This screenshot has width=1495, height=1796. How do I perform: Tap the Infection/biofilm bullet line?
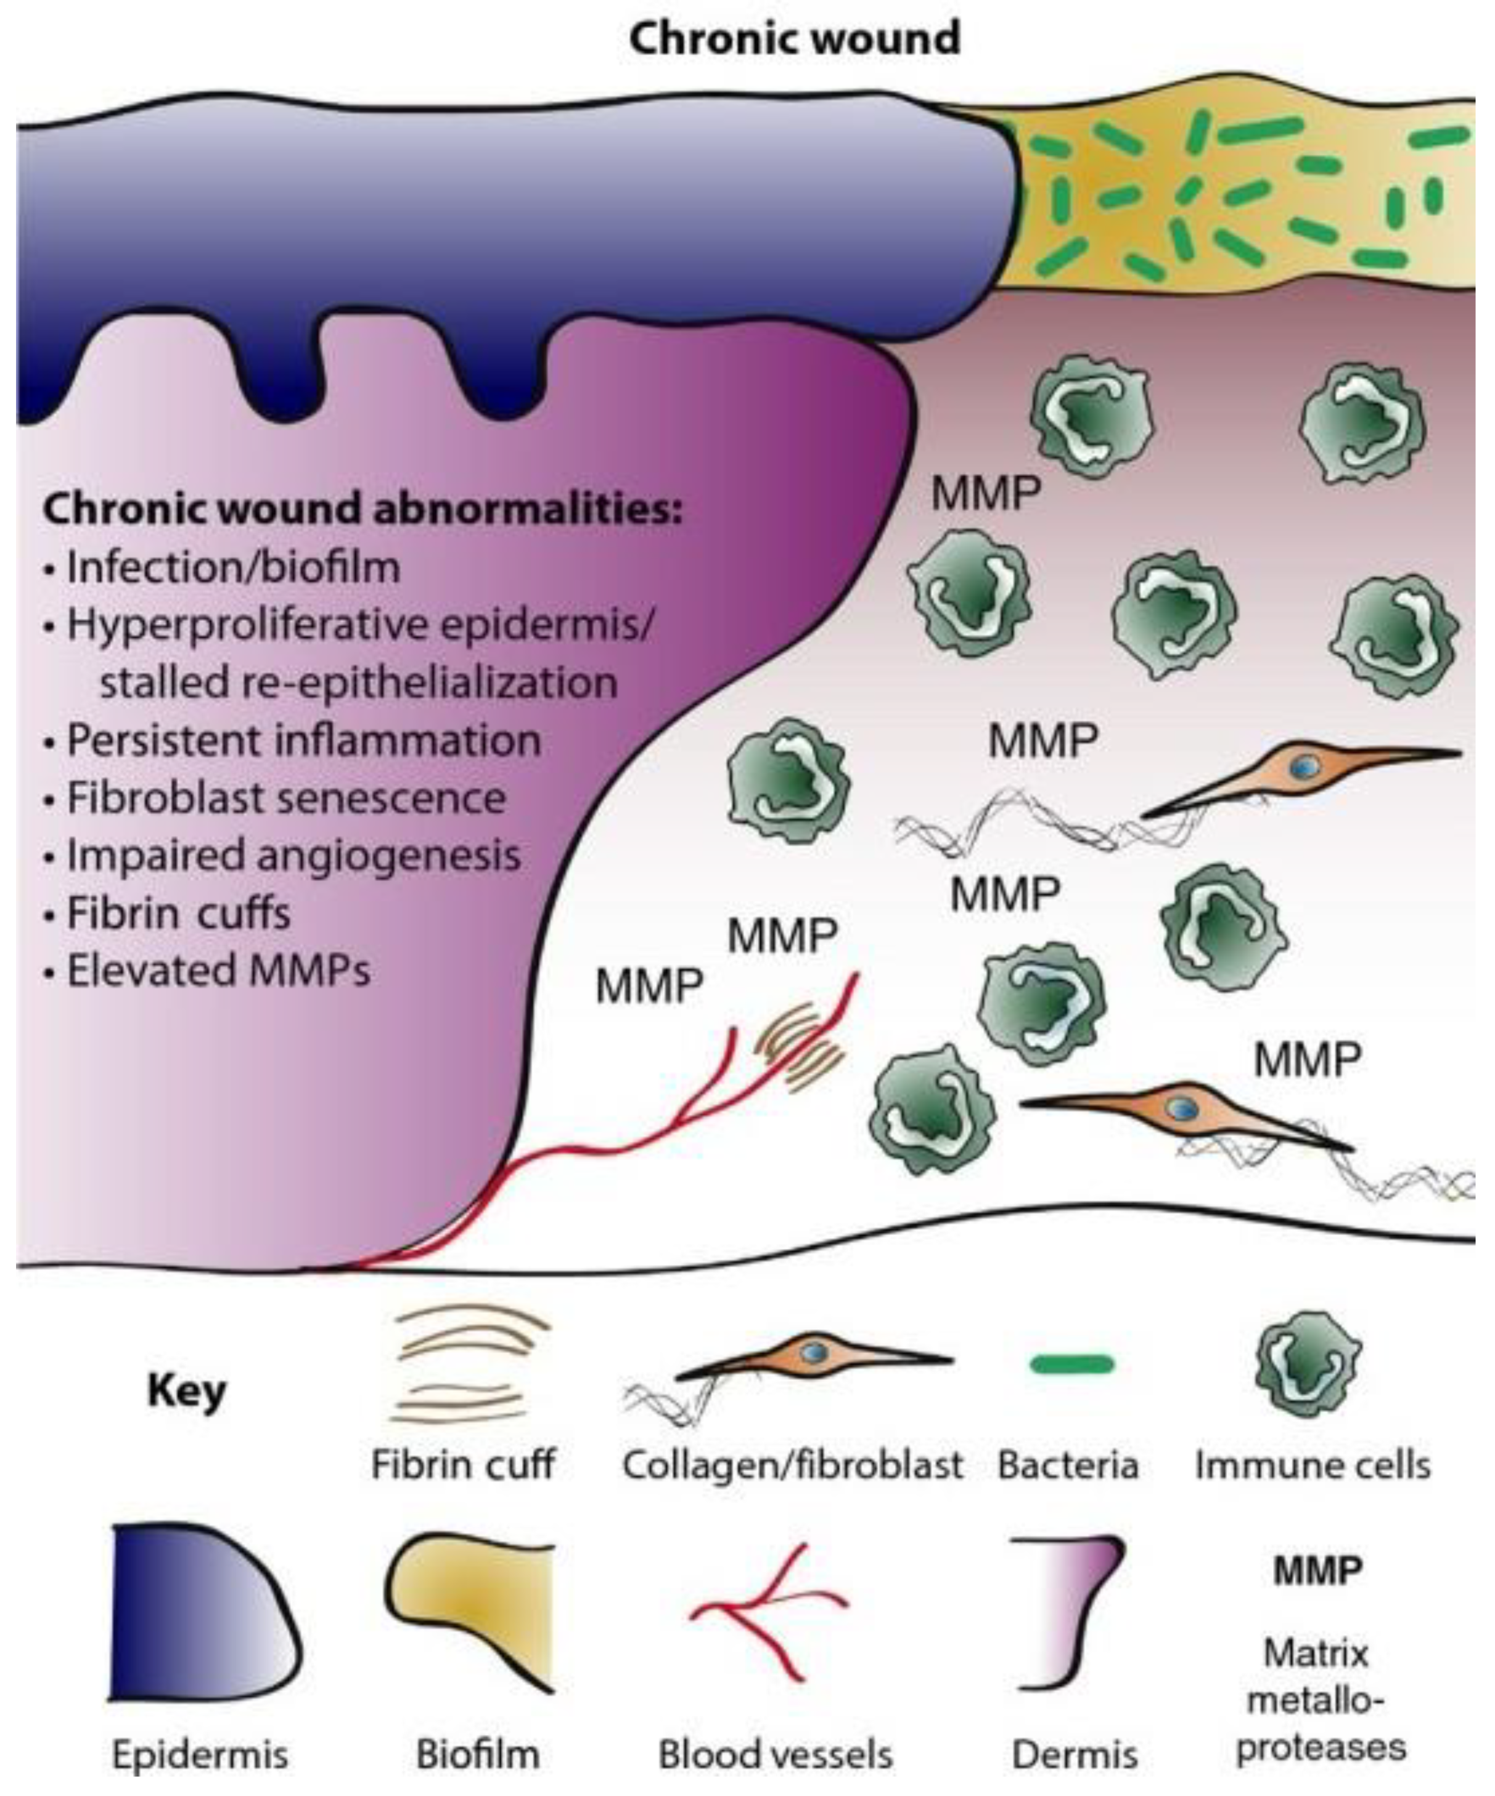(x=232, y=567)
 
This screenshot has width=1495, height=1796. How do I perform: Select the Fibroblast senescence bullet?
(x=285, y=798)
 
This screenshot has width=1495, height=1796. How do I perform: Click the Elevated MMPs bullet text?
(x=218, y=970)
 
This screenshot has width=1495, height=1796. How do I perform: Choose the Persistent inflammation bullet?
(x=303, y=740)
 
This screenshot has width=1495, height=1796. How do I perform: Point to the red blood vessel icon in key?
(x=770, y=1608)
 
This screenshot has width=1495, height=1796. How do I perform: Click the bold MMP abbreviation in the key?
(x=1317, y=1570)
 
